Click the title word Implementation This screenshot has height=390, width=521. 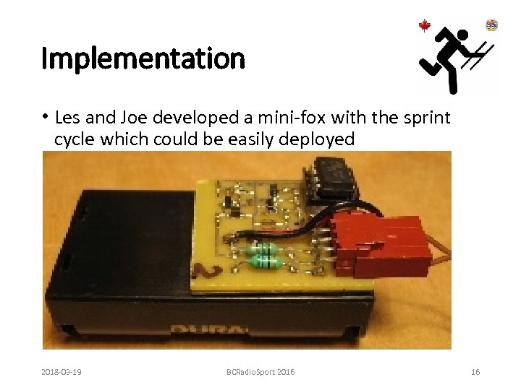coord(143,58)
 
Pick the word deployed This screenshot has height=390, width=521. coord(317,139)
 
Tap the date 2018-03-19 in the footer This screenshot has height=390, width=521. coord(62,371)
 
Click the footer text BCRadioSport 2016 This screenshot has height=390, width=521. coord(260,371)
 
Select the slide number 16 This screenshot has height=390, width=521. coord(475,371)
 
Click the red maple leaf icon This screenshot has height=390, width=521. coord(425,27)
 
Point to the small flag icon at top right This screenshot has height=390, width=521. coord(492,25)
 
